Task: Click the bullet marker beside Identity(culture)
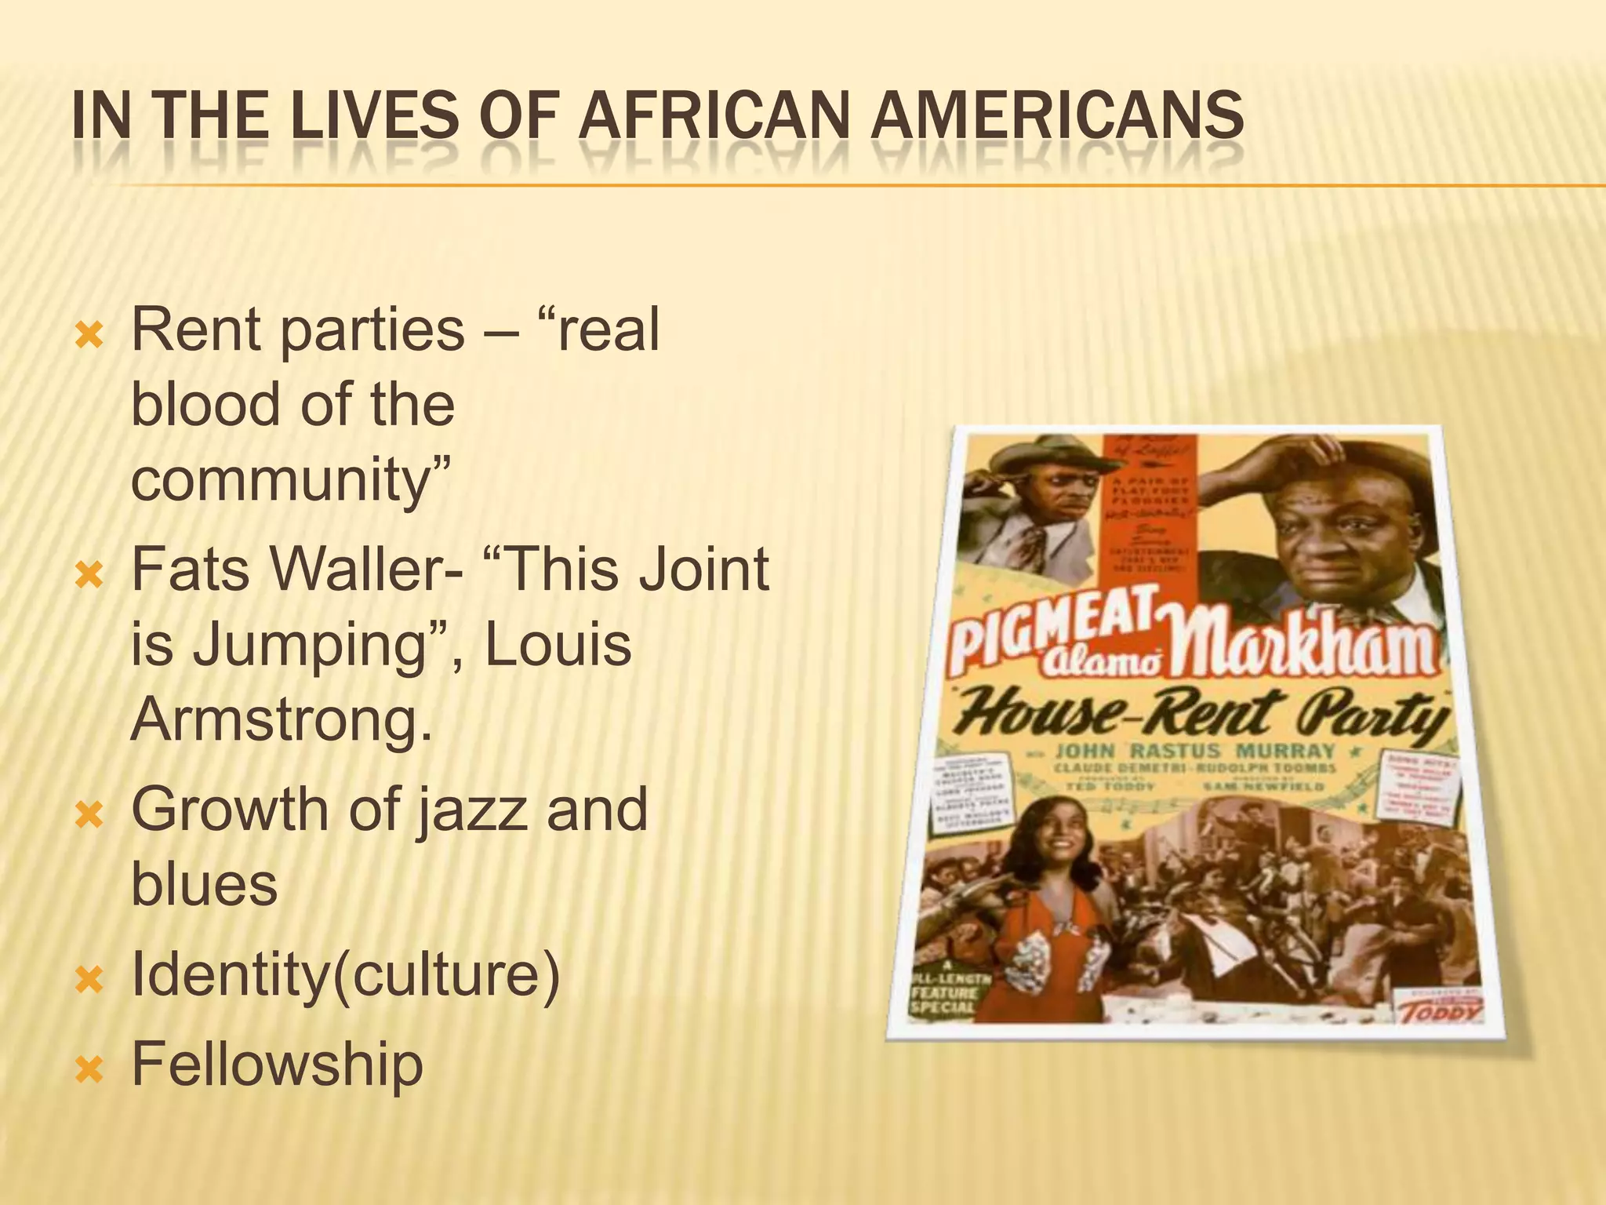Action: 88,981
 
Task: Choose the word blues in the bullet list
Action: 205,884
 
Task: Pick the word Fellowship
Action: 277,1065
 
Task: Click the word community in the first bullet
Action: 290,480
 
